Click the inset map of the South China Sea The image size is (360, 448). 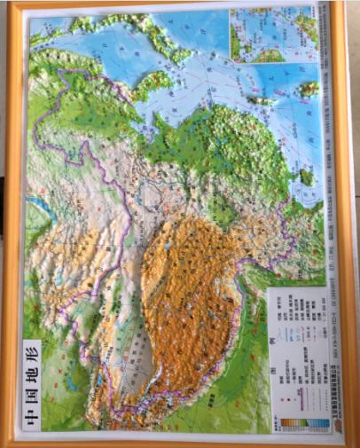coord(274,35)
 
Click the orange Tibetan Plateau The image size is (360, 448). coord(191,293)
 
